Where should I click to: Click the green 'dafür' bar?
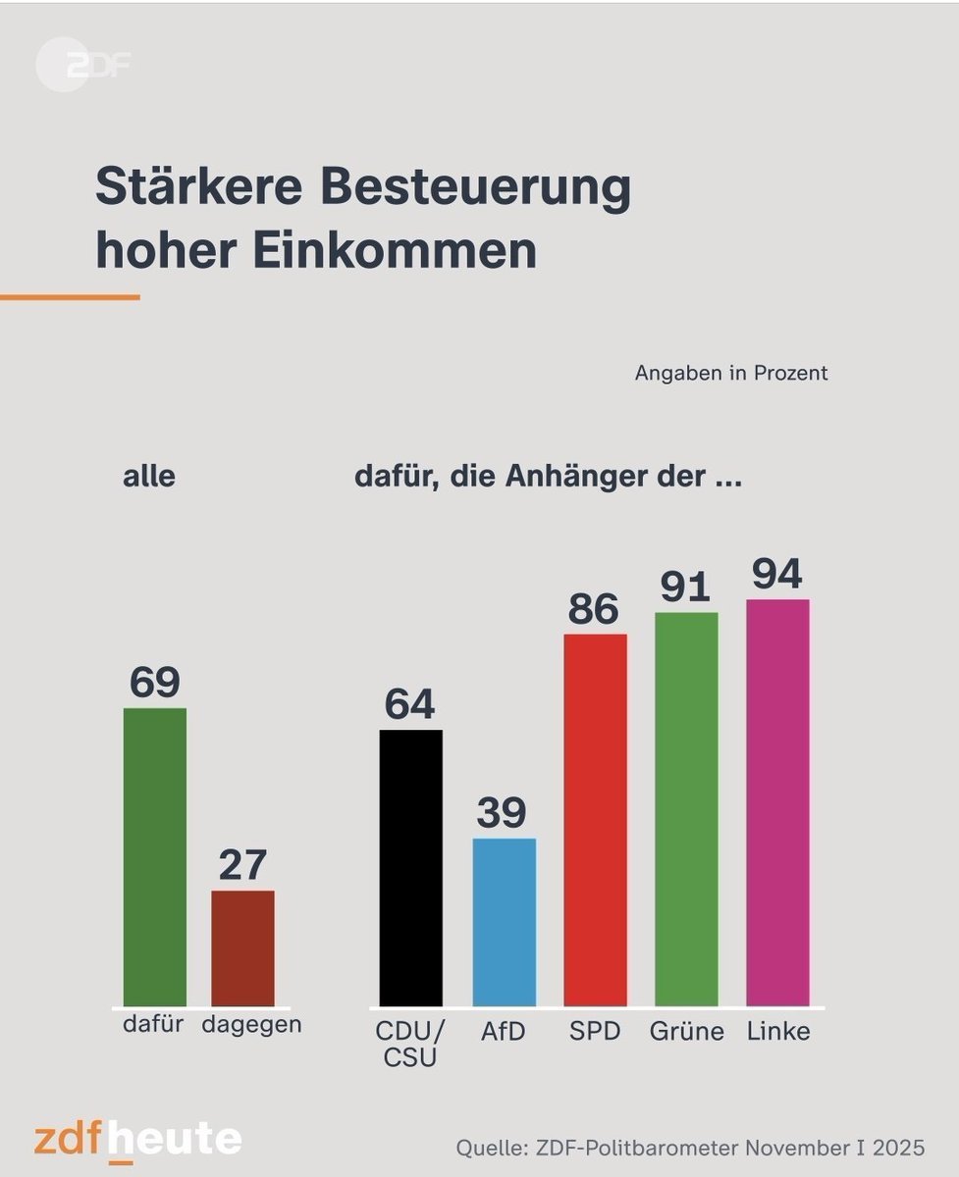pyautogui.click(x=154, y=856)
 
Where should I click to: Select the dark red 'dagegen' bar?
pyautogui.click(x=243, y=947)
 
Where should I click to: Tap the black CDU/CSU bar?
pyautogui.click(x=410, y=867)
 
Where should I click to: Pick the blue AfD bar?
pyautogui.click(x=504, y=921)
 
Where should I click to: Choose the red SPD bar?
pyautogui.click(x=595, y=819)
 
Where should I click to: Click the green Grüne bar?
pyautogui.click(x=686, y=808)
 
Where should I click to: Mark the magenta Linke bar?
pyautogui.click(x=777, y=801)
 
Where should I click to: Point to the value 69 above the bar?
pyautogui.click(x=155, y=683)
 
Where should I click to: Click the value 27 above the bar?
pyautogui.click(x=243, y=866)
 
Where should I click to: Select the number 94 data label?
pyautogui.click(x=777, y=575)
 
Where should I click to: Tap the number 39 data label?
pyautogui.click(x=503, y=813)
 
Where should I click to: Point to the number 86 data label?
pyautogui.click(x=594, y=609)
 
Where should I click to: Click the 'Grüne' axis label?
pyautogui.click(x=687, y=1032)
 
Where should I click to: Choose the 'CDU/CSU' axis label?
pyautogui.click(x=410, y=1044)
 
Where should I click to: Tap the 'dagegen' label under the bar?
pyautogui.click(x=251, y=1025)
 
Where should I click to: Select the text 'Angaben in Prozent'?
pyautogui.click(x=731, y=374)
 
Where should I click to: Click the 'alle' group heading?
pyautogui.click(x=148, y=478)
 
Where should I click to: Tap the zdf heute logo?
pyautogui.click(x=137, y=1139)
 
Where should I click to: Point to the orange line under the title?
pyautogui.click(x=69, y=297)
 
